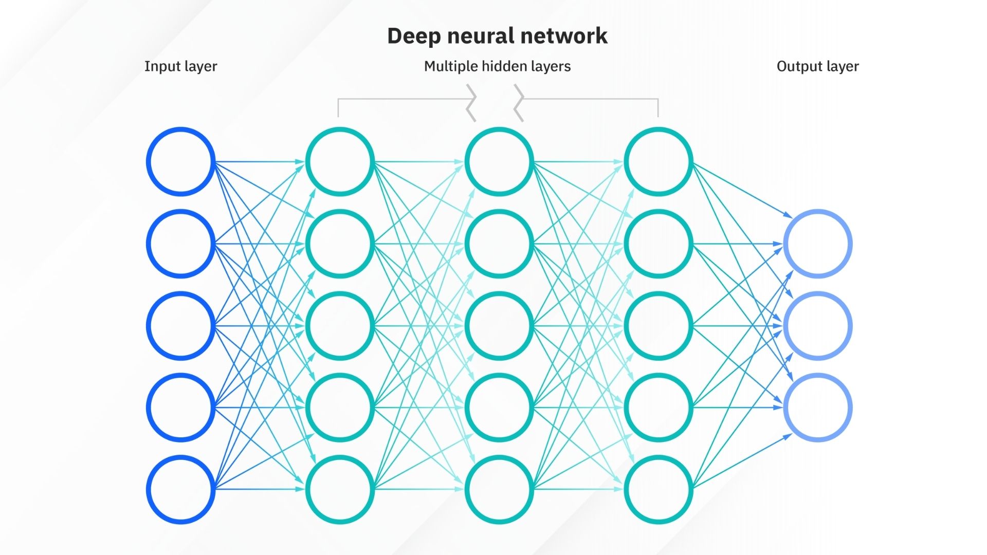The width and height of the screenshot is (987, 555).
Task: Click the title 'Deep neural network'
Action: pos(497,36)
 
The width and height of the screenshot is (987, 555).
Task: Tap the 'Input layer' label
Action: pos(180,66)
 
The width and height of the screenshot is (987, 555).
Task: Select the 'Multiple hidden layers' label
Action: pos(497,66)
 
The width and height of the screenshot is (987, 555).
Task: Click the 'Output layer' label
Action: pos(817,66)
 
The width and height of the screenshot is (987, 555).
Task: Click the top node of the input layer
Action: pos(180,161)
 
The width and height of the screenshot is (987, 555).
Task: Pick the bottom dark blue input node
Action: pos(180,489)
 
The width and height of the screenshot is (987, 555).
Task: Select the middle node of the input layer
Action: pos(180,325)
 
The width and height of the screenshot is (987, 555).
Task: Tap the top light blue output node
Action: pos(817,244)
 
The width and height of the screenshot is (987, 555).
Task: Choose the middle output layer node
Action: pos(817,325)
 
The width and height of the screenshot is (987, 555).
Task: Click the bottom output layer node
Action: pos(817,408)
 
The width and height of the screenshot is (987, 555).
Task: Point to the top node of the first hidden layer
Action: pos(340,161)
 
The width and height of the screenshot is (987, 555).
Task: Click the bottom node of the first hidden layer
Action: pos(340,489)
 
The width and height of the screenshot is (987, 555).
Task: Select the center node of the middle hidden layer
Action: pos(499,325)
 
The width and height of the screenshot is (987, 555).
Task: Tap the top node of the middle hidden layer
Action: pos(499,161)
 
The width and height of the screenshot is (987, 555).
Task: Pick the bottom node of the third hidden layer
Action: pos(658,489)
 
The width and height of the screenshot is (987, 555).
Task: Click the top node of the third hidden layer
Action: pos(658,161)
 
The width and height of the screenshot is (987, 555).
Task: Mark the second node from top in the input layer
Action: pos(180,244)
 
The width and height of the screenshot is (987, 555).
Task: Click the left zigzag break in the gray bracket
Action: pos(471,103)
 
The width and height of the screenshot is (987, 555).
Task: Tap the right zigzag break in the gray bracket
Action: pos(519,103)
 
